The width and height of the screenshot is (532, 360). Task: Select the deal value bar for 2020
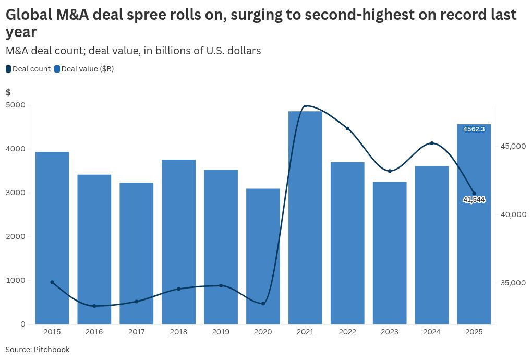[x=263, y=256]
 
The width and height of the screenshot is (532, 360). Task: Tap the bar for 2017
[x=136, y=253]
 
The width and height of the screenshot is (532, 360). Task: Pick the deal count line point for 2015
[x=52, y=282]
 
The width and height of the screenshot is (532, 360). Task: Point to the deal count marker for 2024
[x=432, y=143]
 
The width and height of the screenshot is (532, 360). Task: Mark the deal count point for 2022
[x=347, y=128]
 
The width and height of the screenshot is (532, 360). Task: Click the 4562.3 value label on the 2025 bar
[x=474, y=129]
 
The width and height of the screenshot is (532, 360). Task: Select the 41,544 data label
[x=474, y=200]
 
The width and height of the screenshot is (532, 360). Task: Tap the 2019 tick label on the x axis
[x=221, y=332]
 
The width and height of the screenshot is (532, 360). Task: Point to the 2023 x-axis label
[x=390, y=332]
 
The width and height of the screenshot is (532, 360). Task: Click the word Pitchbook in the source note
[x=52, y=350]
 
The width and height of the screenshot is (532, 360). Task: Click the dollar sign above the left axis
[x=8, y=92]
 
